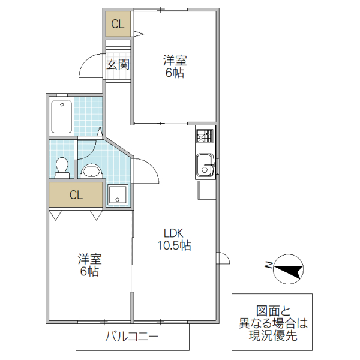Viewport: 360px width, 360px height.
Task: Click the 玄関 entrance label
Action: [118, 65]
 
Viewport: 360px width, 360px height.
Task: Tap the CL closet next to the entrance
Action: [118, 25]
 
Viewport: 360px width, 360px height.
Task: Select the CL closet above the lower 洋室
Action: [76, 195]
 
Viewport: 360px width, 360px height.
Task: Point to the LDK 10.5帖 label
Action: [174, 239]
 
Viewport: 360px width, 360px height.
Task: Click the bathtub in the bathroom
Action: [62, 117]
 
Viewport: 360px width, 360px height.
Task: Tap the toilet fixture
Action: [61, 167]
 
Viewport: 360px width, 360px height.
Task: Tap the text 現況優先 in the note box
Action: [272, 337]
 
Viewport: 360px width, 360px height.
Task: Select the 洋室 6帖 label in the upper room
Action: [175, 67]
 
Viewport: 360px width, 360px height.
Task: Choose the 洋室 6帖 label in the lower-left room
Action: [89, 265]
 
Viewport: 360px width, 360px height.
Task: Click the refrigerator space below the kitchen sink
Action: [206, 191]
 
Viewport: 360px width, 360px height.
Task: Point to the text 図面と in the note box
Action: [272, 311]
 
